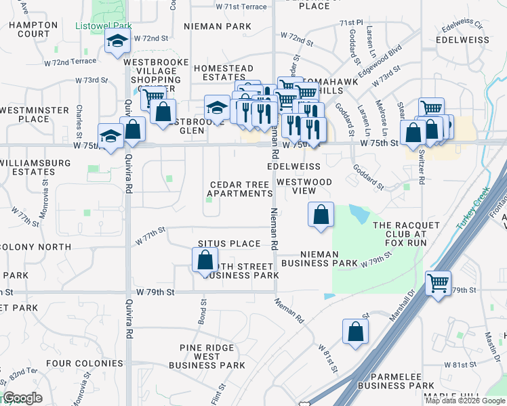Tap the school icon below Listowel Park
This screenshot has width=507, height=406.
(117, 43)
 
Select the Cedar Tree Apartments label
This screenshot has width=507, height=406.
(241, 189)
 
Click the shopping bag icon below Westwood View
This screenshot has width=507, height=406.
(321, 215)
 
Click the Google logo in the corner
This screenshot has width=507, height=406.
(22, 398)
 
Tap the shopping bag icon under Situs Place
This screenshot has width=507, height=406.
(205, 261)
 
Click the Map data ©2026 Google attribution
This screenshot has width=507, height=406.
(465, 400)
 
